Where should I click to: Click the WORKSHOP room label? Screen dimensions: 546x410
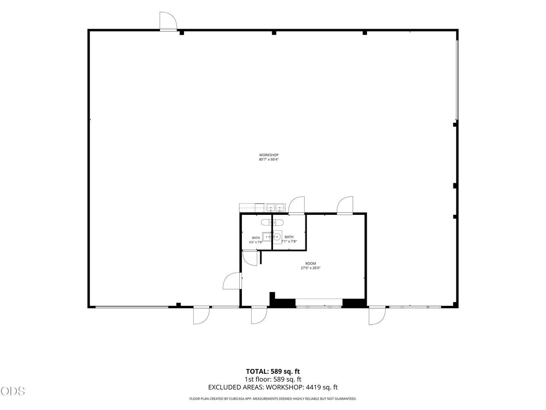click(269, 155)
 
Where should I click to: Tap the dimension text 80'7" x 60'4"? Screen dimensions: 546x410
click(269, 159)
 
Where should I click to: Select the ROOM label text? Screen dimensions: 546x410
click(311, 264)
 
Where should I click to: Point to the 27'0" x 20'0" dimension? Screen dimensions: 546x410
click(311, 268)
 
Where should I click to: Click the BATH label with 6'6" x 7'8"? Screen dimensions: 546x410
click(256, 238)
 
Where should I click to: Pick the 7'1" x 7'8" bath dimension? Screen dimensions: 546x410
click(289, 241)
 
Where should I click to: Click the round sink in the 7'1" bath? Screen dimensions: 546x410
click(277, 237)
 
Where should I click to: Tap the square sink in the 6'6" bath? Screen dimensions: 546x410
click(267, 237)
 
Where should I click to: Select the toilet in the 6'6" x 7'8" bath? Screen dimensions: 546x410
click(267, 222)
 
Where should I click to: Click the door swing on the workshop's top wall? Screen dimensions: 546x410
click(168, 21)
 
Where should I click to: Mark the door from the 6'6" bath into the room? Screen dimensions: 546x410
click(250, 258)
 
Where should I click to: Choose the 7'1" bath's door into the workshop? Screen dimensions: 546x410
click(296, 205)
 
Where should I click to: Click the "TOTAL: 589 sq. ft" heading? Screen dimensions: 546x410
click(273, 378)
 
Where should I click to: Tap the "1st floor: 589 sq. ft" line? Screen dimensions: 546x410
click(273, 386)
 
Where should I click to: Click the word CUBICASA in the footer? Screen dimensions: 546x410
click(240, 406)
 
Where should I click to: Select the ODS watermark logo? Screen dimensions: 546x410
click(12, 391)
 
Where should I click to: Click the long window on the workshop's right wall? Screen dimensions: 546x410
click(457, 80)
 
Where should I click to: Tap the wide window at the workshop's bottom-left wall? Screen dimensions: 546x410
click(132, 307)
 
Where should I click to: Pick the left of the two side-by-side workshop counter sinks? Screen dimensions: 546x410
click(270, 207)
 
